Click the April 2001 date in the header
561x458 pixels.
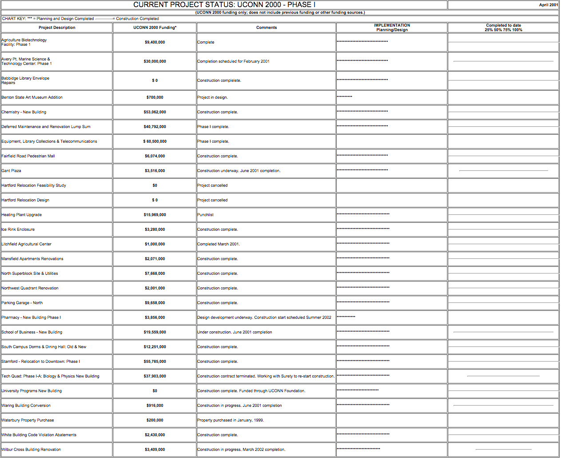548,5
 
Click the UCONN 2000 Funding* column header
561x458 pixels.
155,28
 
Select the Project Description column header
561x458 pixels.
57,28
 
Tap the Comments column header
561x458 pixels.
267,28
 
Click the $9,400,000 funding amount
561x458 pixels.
155,42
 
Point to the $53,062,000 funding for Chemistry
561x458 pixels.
155,112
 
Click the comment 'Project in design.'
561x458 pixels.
212,97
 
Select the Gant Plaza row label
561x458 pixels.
12,171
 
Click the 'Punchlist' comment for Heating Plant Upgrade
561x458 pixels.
206,215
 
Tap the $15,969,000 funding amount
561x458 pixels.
155,215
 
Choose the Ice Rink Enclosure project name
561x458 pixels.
18,229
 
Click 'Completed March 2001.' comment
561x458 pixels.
219,244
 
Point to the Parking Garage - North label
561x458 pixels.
22,303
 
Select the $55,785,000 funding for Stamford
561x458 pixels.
155,362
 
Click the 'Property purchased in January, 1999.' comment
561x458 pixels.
231,420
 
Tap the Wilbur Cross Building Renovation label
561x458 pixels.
31,450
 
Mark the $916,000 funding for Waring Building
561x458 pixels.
155,406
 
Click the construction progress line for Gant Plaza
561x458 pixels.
503,171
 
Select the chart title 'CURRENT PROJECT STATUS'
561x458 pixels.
224,5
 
